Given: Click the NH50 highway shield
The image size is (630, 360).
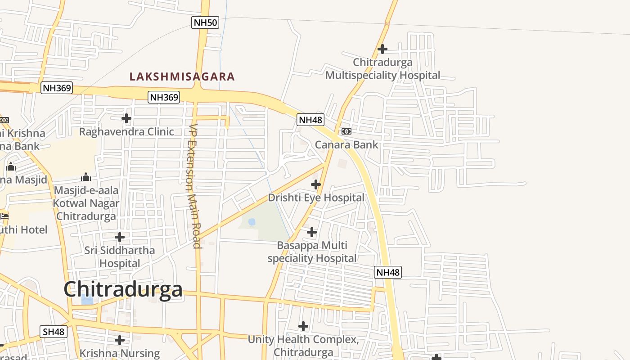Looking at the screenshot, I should tap(205, 22).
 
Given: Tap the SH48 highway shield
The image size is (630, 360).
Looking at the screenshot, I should tap(54, 332).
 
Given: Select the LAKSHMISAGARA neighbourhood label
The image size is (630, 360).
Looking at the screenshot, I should tap(182, 76).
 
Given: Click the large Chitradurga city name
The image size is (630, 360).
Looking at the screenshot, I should tap(123, 289).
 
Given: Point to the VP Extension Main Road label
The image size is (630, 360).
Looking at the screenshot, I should tap(194, 186).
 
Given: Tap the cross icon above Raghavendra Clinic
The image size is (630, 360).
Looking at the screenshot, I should tap(126, 118).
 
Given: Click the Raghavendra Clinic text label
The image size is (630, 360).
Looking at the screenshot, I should tap(126, 132).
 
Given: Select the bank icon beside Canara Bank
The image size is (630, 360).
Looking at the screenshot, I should tap(346, 131).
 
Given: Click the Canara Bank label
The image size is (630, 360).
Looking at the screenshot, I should tap(346, 145).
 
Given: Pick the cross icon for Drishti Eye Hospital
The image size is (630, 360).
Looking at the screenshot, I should tap(316, 184).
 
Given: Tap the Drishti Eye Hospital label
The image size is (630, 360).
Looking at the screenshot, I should tap(316, 198).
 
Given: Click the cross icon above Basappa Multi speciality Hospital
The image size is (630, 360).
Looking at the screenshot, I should tap(312, 232).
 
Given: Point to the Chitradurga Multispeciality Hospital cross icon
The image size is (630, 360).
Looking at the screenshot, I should tap(382, 49).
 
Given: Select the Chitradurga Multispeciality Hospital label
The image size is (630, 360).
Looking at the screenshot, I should tap(382, 69).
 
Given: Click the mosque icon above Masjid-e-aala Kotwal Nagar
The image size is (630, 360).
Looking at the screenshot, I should tap(86, 177).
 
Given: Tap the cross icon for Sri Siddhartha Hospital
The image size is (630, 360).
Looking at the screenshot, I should tap(120, 237).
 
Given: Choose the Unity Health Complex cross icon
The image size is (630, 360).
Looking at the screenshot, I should tap(303, 326).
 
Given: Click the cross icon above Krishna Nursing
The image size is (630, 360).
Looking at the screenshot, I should tap(120, 340).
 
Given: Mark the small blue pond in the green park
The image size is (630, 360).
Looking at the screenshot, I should tap(252, 221).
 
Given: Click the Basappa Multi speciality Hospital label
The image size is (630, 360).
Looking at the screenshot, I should tap(312, 252).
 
